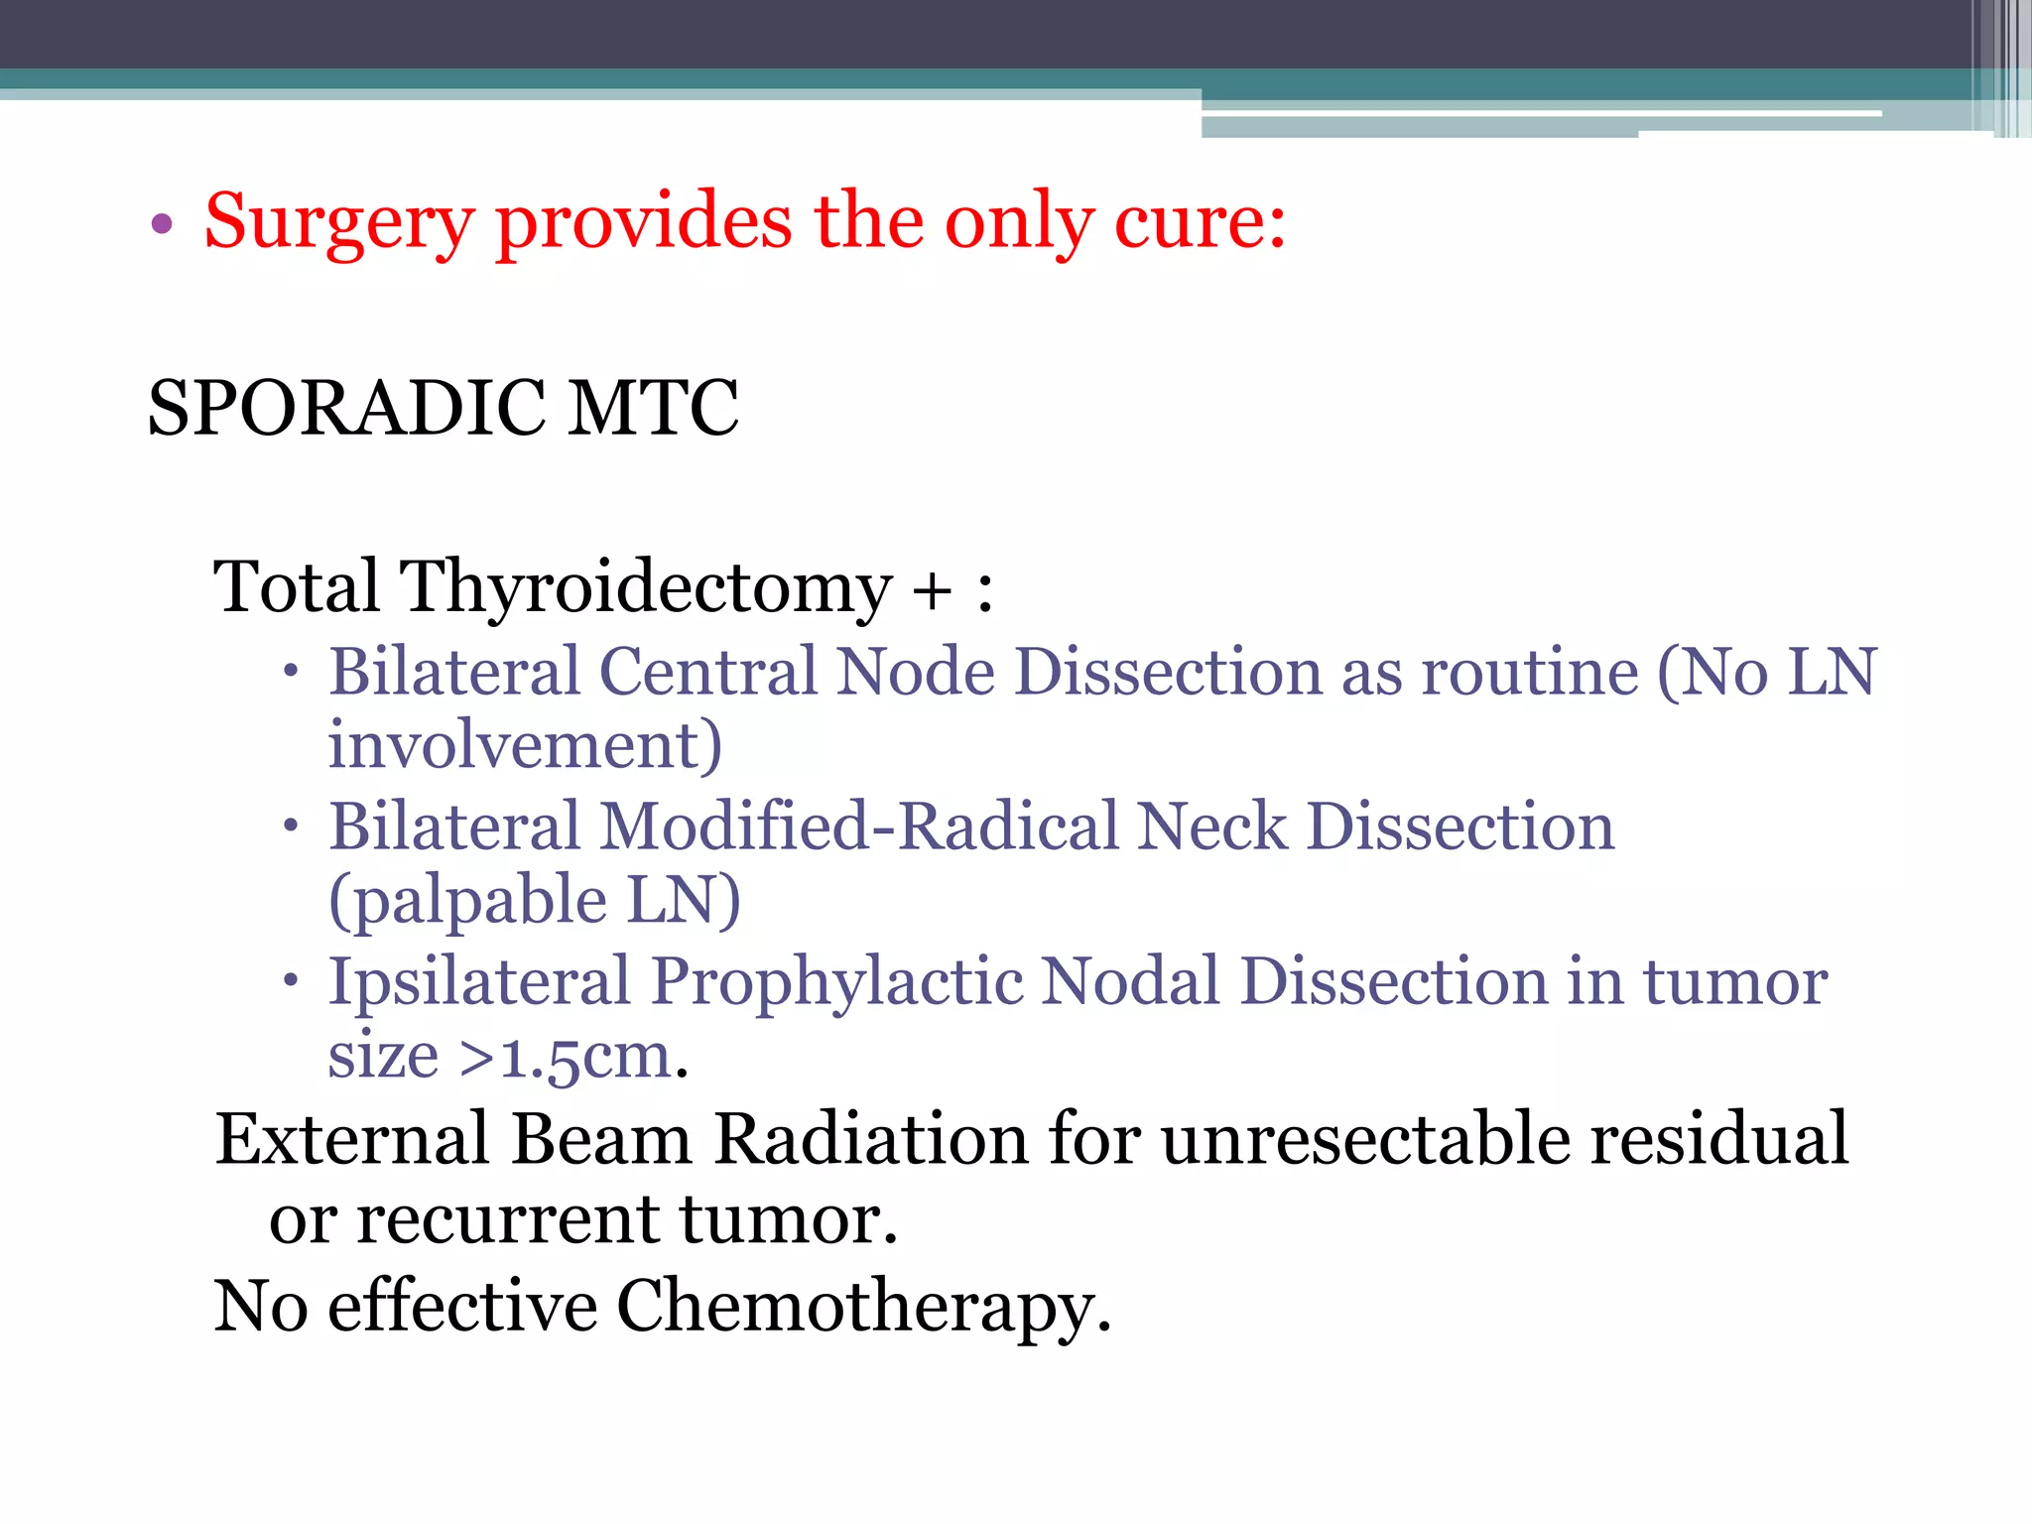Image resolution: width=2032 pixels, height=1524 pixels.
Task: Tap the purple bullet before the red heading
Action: pyautogui.click(x=162, y=224)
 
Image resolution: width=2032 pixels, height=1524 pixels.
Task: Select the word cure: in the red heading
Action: pyautogui.click(x=1200, y=222)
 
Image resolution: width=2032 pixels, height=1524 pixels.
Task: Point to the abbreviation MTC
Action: pyautogui.click(x=653, y=409)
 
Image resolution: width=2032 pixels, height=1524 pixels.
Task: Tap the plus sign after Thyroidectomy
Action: pyautogui.click(x=932, y=591)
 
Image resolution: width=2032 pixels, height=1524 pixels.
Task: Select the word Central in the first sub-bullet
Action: pyautogui.click(x=707, y=673)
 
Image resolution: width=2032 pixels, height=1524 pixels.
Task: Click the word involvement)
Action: pyautogui.click(x=525, y=746)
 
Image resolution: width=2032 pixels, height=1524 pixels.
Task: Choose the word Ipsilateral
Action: pyautogui.click(x=479, y=982)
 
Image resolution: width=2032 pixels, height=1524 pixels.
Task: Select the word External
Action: pyautogui.click(x=352, y=1139)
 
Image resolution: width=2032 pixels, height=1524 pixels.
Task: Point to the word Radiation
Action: pyautogui.click(x=871, y=1139)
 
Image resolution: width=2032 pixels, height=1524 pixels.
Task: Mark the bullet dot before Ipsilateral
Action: pyautogui.click(x=290, y=980)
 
